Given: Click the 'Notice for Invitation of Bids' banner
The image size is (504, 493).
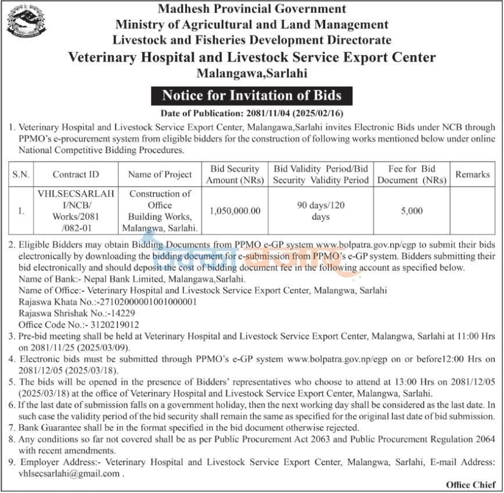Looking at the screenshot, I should pos(251,95).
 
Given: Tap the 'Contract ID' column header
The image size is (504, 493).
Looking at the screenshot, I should pos(75,174).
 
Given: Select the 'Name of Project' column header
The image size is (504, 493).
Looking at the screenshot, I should pos(160,174).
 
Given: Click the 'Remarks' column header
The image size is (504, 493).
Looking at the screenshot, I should pos(473,174).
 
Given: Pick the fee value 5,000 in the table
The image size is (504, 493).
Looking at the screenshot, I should pos(412,211).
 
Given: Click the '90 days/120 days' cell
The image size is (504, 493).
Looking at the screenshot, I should pos(321,211).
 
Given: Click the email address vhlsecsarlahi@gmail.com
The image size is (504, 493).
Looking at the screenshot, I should pos(69,473).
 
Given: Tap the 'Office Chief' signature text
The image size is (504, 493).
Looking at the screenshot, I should pos(470,484).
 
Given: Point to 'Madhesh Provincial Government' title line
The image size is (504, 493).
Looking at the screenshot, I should pos(251,9).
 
